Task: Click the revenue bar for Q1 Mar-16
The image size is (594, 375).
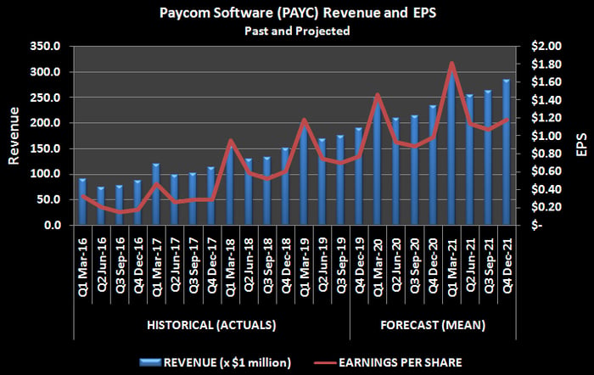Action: pos(82,202)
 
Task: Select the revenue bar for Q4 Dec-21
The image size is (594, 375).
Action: pos(506,152)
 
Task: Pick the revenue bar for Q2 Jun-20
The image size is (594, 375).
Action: pos(396,171)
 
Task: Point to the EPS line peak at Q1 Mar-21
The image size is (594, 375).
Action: pos(451,64)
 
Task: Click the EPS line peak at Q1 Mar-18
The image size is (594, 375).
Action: pos(230,141)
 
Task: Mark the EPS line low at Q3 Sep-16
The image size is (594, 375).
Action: pos(120,212)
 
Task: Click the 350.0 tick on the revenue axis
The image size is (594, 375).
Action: pos(45,46)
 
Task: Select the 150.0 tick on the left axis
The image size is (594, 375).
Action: pos(45,148)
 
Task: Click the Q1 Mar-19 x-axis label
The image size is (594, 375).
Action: pos(305,266)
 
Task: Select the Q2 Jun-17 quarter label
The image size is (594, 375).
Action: pos(175,265)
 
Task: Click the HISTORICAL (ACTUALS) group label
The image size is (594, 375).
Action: pos(211,326)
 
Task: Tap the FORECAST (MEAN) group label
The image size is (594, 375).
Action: pos(433,326)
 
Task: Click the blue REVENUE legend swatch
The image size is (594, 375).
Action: pos(150,362)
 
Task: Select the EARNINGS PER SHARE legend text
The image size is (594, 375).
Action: pos(400,362)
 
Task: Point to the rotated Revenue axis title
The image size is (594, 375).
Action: pos(14,136)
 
